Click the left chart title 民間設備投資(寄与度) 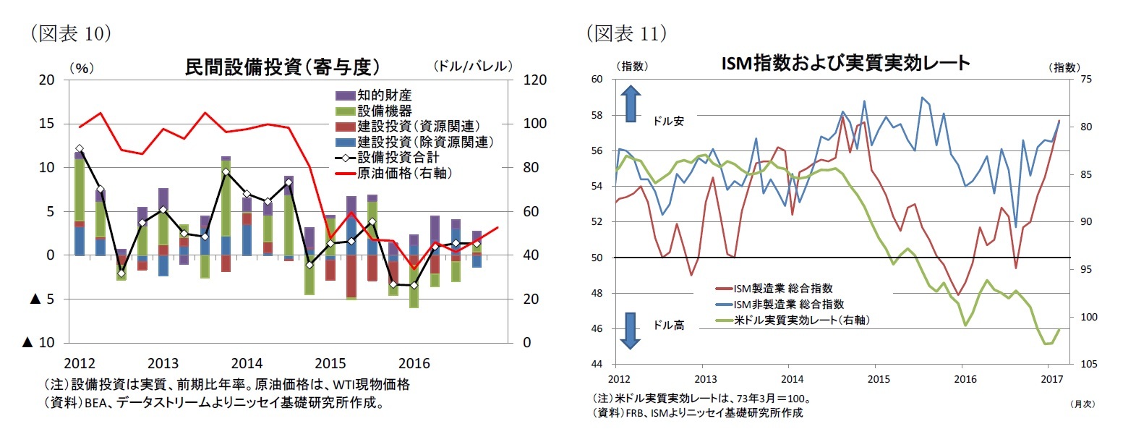coord(282,67)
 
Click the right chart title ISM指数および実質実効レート coord(845,63)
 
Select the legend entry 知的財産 coord(384,95)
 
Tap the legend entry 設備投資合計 coord(398,157)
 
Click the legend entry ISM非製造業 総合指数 coord(788,304)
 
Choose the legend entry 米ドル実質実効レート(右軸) coord(801,320)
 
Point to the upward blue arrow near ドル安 coord(631,103)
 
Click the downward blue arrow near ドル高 coord(631,330)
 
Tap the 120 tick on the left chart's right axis coord(534,80)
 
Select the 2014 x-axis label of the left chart coord(247,363)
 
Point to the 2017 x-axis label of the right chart coord(1051,379)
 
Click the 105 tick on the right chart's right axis coord(1088,364)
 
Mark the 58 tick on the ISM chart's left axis coord(597,115)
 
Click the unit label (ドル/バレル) coord(473,67)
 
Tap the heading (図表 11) coord(625,33)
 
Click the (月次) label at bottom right coord(1082,404)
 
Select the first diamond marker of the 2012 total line coord(80,148)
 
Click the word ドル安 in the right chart coord(668,121)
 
